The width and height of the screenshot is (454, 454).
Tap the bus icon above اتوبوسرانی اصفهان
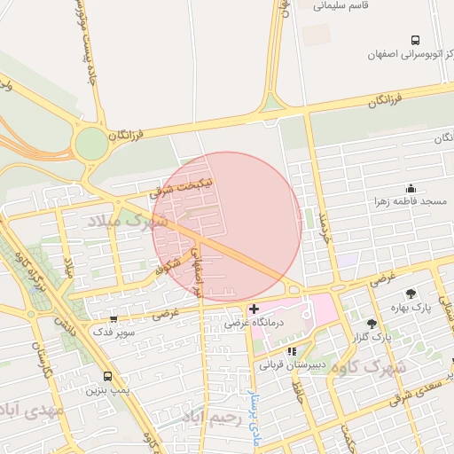coord(415,40)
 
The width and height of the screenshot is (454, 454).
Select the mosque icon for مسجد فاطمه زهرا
coord(410,189)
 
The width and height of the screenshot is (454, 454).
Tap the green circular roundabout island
coord(90,144)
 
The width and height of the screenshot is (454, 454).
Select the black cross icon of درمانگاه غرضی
coord(254,309)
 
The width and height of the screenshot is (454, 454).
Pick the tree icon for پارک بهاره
coord(410,293)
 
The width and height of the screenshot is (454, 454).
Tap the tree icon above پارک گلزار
coord(372,324)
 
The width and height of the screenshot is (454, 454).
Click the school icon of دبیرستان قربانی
coord(292,351)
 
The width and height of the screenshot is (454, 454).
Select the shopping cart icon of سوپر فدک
coord(113,318)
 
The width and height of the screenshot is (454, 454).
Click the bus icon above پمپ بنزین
coord(107,376)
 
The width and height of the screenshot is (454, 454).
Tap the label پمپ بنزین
coord(107,390)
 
